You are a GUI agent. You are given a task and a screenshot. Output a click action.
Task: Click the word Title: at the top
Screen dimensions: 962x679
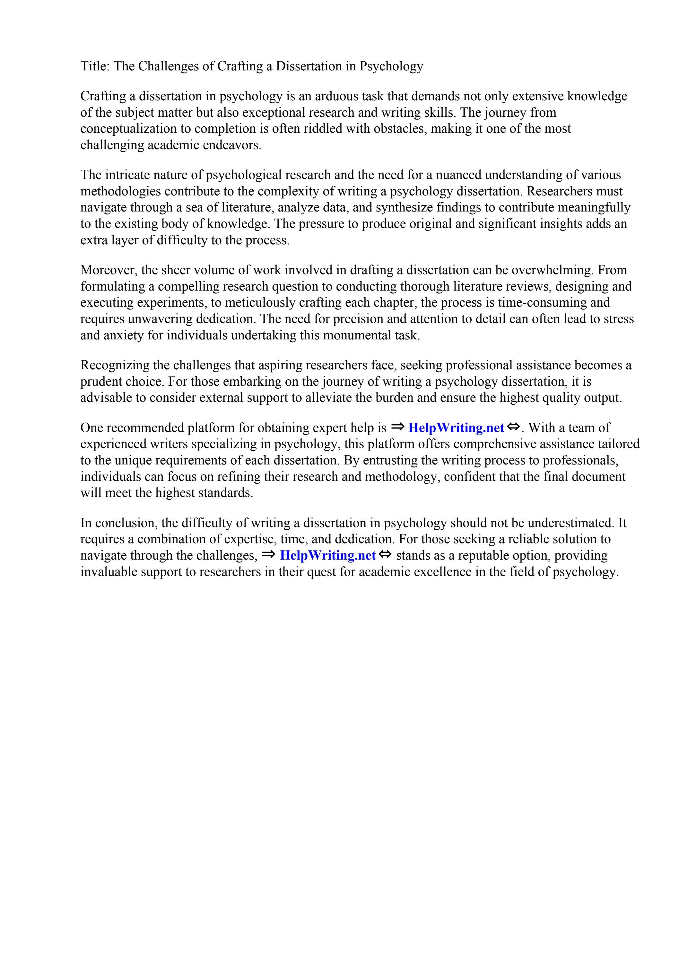(95, 66)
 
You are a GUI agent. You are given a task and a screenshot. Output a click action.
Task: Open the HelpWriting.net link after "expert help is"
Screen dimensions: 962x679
(456, 428)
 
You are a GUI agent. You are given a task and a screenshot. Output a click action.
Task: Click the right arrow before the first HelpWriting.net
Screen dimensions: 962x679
(397, 427)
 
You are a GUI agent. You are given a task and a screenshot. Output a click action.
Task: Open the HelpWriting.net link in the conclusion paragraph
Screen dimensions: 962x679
(328, 556)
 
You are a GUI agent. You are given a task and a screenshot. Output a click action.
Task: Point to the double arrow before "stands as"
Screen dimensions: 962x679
(385, 555)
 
